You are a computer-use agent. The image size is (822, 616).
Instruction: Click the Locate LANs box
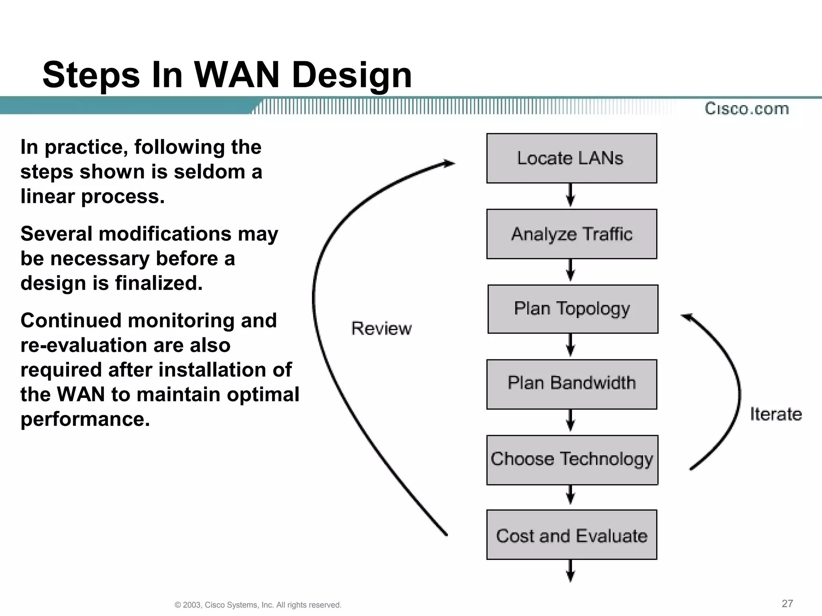pos(572,158)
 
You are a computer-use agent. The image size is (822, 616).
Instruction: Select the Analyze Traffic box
pos(572,234)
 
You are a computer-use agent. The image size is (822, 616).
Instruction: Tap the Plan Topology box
pos(573,309)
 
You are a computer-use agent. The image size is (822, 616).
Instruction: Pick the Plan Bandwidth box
pos(572,384)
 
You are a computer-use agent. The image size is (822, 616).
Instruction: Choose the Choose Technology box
pos(572,460)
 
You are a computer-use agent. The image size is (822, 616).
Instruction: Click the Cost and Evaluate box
pos(572,535)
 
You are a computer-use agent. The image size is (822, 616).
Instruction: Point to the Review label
pos(381,328)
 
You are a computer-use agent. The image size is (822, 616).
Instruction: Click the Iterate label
pos(775,414)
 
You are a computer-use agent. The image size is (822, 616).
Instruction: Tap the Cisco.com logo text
pos(747,109)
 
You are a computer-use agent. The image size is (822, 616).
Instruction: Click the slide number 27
pos(787,603)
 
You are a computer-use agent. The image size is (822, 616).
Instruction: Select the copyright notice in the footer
pos(258,605)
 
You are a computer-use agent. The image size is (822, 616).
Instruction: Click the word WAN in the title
pos(236,75)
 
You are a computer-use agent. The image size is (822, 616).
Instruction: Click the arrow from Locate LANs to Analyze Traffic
pos(570,196)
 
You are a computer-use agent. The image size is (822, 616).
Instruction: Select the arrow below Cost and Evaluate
pos(570,571)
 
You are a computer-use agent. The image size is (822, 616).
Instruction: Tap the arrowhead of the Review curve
pos(450,163)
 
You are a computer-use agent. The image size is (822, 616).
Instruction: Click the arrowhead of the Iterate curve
pos(687,317)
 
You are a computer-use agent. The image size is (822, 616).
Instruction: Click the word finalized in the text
pos(159,283)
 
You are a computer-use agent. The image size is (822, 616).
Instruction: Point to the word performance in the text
pos(85,419)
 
